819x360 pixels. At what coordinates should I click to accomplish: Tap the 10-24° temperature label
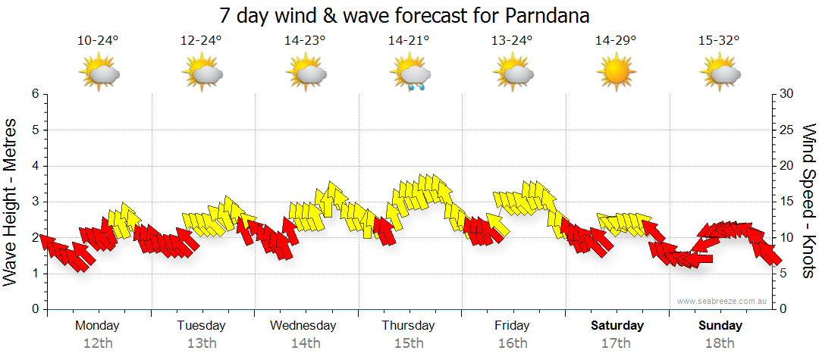(98, 41)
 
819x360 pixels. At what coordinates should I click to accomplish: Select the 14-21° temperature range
(409, 41)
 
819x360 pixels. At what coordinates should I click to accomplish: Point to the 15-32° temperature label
(719, 41)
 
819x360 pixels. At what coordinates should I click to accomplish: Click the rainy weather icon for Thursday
(409, 75)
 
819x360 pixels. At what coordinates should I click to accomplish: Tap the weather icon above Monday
(99, 74)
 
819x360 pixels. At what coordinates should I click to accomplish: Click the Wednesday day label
(303, 326)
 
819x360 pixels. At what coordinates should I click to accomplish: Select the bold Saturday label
(617, 326)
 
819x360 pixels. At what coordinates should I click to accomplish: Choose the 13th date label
(201, 343)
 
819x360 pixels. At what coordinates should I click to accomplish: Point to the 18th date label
(720, 343)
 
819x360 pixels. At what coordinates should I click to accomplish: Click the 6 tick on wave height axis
(34, 94)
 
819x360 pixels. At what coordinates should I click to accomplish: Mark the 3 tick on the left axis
(34, 202)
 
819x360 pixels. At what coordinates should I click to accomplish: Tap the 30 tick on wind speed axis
(787, 94)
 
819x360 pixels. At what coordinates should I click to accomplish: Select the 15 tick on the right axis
(787, 202)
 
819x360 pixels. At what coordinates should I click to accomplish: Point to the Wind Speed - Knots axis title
(809, 201)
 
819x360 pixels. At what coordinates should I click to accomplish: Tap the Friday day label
(512, 326)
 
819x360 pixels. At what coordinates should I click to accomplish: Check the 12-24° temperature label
(201, 41)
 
